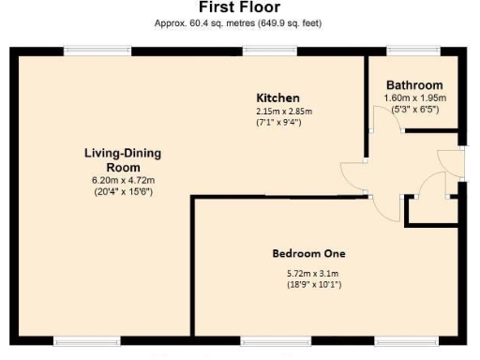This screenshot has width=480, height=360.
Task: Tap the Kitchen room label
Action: [278, 98]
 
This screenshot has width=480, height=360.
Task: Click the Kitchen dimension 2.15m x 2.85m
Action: [284, 112]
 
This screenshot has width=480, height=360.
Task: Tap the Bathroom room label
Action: [413, 85]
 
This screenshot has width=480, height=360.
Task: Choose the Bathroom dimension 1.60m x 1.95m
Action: [413, 97]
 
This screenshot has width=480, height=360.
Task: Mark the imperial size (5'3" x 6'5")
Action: [413, 109]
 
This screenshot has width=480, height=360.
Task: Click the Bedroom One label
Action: [308, 253]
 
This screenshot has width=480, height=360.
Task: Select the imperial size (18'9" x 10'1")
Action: [313, 284]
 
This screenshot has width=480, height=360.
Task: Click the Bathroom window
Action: [406, 50]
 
